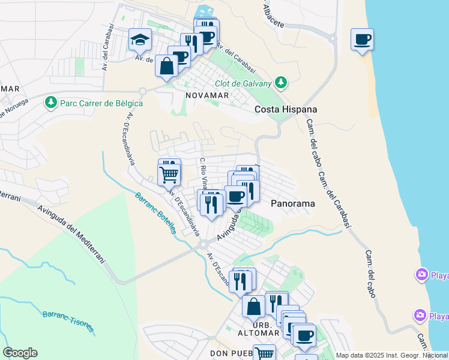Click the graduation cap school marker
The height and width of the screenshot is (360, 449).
[140, 40]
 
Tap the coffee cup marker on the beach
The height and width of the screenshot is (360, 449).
[362, 40]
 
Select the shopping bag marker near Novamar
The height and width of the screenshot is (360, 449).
[166, 65]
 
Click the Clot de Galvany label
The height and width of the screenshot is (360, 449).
[243, 83]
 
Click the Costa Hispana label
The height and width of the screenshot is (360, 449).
[285, 109]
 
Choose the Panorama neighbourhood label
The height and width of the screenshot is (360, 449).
[293, 203]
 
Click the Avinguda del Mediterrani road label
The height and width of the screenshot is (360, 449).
[71, 235]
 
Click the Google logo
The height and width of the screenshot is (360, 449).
[20, 353]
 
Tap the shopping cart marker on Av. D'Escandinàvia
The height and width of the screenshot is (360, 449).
[169, 175]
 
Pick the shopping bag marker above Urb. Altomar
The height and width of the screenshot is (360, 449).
[253, 306]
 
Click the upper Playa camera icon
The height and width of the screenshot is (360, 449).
[422, 275]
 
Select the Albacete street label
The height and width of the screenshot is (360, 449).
[273, 16]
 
